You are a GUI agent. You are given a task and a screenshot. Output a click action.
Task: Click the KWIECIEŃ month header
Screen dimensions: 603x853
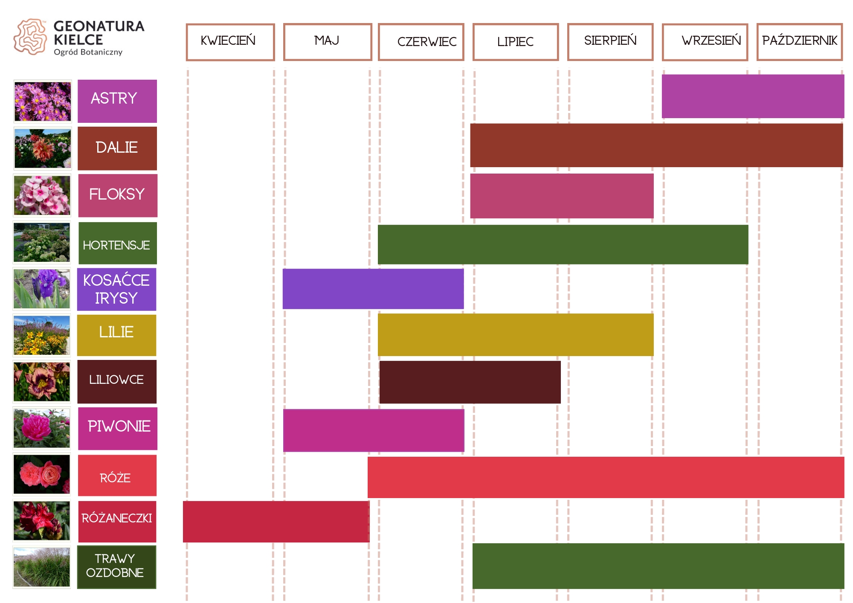click(230, 42)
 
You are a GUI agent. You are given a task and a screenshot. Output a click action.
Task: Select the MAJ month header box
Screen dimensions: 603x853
click(328, 42)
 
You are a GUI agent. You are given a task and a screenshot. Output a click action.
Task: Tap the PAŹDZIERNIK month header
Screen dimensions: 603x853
click(800, 42)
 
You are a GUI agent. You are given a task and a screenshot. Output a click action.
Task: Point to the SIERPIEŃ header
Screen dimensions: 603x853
click(610, 42)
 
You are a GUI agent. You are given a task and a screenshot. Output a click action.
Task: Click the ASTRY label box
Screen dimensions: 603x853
click(117, 101)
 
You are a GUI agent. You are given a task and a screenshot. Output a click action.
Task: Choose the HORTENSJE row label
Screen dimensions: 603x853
click(117, 244)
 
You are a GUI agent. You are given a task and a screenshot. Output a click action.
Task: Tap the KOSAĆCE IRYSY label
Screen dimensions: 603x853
click(116, 289)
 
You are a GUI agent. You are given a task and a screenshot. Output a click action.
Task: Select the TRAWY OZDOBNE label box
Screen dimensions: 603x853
click(116, 567)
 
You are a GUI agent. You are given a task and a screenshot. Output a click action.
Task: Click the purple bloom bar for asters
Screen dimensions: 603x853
click(753, 96)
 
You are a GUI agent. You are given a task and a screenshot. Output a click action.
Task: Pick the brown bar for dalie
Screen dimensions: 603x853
click(656, 145)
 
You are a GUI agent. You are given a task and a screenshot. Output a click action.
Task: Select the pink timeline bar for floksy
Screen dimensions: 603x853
click(562, 196)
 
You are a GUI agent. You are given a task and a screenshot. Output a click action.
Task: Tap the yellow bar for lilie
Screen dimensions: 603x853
click(516, 335)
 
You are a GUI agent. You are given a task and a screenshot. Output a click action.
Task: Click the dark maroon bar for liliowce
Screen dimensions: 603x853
click(470, 382)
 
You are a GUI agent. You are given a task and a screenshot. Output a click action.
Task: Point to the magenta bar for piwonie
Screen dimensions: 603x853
click(374, 430)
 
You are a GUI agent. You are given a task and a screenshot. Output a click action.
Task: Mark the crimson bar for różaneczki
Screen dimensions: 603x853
click(276, 522)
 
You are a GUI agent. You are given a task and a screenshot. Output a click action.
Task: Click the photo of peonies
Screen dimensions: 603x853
click(42, 429)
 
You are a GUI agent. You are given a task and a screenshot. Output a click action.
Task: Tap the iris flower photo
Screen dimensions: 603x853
click(42, 289)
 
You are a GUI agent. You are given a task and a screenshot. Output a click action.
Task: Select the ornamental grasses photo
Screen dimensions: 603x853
click(42, 567)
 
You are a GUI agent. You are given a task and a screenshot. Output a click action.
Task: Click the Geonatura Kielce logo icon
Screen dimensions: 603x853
click(30, 37)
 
